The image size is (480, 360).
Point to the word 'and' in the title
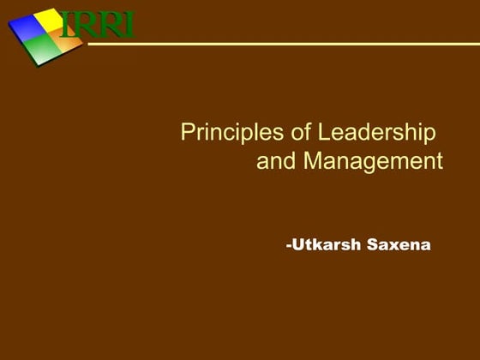click(274, 161)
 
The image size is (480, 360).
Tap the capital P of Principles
click(188, 134)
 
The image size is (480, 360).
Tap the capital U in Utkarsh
click(297, 244)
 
